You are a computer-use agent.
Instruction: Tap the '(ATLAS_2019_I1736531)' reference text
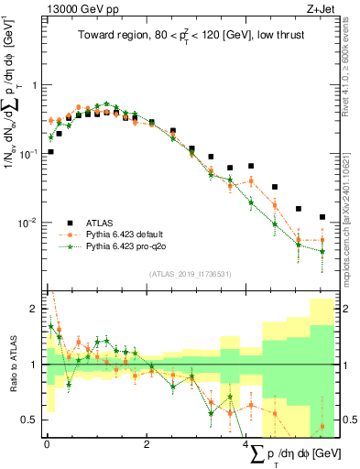[x=191, y=274]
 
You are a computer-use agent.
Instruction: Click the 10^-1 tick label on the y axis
[x=27, y=154]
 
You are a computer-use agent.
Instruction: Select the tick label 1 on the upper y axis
[x=34, y=85]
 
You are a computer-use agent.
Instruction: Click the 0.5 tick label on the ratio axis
[x=29, y=420]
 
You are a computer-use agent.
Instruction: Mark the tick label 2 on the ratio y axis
[x=35, y=307]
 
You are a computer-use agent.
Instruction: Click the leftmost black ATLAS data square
[x=50, y=152]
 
